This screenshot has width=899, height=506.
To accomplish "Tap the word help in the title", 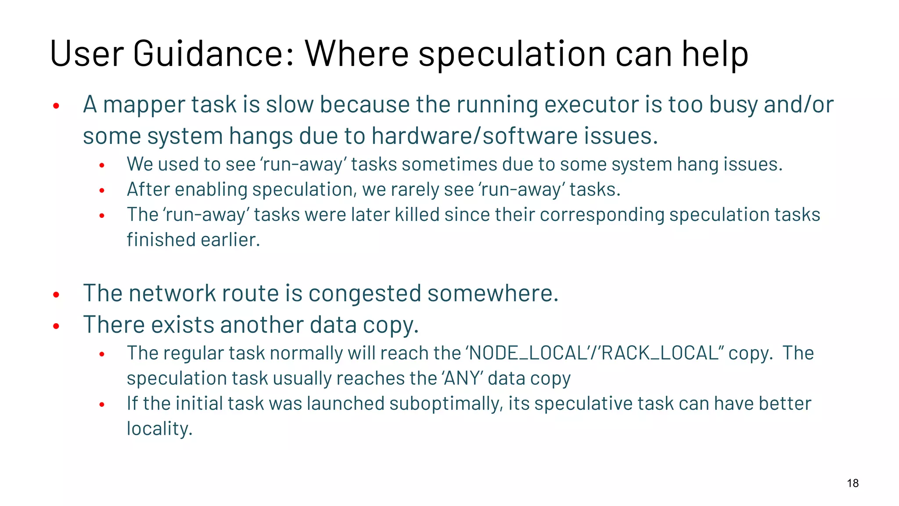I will [715, 54].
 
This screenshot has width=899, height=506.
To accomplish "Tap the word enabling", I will [211, 190].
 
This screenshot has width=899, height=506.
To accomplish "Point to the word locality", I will [159, 429].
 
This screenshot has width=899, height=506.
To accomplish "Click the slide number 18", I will [852, 483].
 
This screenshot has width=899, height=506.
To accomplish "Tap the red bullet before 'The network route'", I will [56, 295].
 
